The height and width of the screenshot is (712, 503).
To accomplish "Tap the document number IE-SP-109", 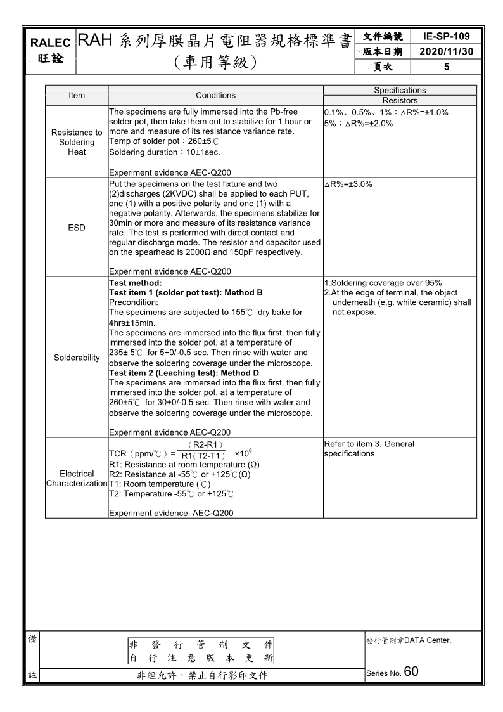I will tap(446, 37).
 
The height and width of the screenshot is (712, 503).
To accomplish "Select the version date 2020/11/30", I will tap(446, 51).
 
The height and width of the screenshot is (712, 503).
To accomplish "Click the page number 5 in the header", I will tap(446, 66).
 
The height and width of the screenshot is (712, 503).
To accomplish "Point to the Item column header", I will tap(77, 95).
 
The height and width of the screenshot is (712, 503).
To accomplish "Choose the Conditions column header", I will tap(215, 95).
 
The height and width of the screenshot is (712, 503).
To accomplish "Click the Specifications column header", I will tap(400, 91).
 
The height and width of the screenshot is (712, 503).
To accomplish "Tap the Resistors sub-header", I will tap(400, 100).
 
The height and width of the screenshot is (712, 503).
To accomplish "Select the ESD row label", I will tap(77, 228).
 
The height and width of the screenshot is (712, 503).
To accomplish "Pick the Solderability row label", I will tap(77, 358).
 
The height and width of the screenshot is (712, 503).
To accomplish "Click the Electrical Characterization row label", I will tap(77, 479).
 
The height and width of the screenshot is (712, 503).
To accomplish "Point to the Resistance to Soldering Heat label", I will tap(77, 142).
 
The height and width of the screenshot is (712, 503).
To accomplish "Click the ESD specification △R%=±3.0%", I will tap(348, 184).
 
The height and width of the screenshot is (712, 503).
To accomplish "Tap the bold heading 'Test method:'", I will tap(136, 283).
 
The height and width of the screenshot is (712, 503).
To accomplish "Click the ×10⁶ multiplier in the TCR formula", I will tap(245, 454).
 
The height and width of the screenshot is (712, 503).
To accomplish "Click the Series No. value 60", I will tap(411, 672).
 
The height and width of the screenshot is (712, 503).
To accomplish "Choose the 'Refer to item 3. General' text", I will tap(369, 444).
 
